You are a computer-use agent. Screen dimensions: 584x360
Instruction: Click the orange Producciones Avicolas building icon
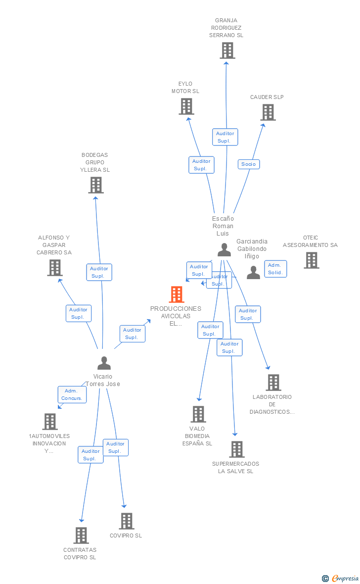(x=177, y=294)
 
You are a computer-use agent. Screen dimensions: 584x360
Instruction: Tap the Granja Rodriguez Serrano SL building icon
(x=227, y=50)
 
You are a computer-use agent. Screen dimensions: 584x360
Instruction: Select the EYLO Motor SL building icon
(x=186, y=106)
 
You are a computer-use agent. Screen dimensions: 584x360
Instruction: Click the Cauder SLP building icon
(x=268, y=112)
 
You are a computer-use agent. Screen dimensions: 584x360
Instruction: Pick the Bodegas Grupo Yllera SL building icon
(x=95, y=185)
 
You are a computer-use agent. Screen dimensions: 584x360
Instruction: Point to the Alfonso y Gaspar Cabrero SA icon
(x=54, y=268)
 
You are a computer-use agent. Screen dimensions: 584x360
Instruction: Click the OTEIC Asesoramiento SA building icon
(x=311, y=260)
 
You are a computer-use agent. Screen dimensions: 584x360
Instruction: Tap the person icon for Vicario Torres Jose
(x=104, y=363)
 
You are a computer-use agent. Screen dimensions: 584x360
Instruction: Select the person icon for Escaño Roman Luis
(x=224, y=250)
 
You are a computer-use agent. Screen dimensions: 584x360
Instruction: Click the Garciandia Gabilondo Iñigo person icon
(x=253, y=273)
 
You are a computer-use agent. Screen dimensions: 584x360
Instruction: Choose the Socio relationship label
(x=249, y=164)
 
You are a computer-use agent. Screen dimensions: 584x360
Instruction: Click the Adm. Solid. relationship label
(x=275, y=269)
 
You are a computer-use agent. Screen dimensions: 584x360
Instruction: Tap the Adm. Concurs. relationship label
(x=72, y=394)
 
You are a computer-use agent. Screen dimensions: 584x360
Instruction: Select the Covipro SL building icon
(x=127, y=521)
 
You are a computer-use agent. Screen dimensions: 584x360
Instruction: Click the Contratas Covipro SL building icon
(x=81, y=535)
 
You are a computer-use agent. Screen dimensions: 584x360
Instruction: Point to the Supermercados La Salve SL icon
(x=237, y=449)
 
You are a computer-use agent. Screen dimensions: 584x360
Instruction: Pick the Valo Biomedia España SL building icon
(x=198, y=414)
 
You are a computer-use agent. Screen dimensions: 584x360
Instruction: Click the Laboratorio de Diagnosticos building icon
(x=273, y=383)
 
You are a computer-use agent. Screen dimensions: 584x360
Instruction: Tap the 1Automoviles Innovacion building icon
(x=50, y=422)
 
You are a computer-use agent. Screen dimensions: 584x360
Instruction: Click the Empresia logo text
(x=345, y=578)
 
